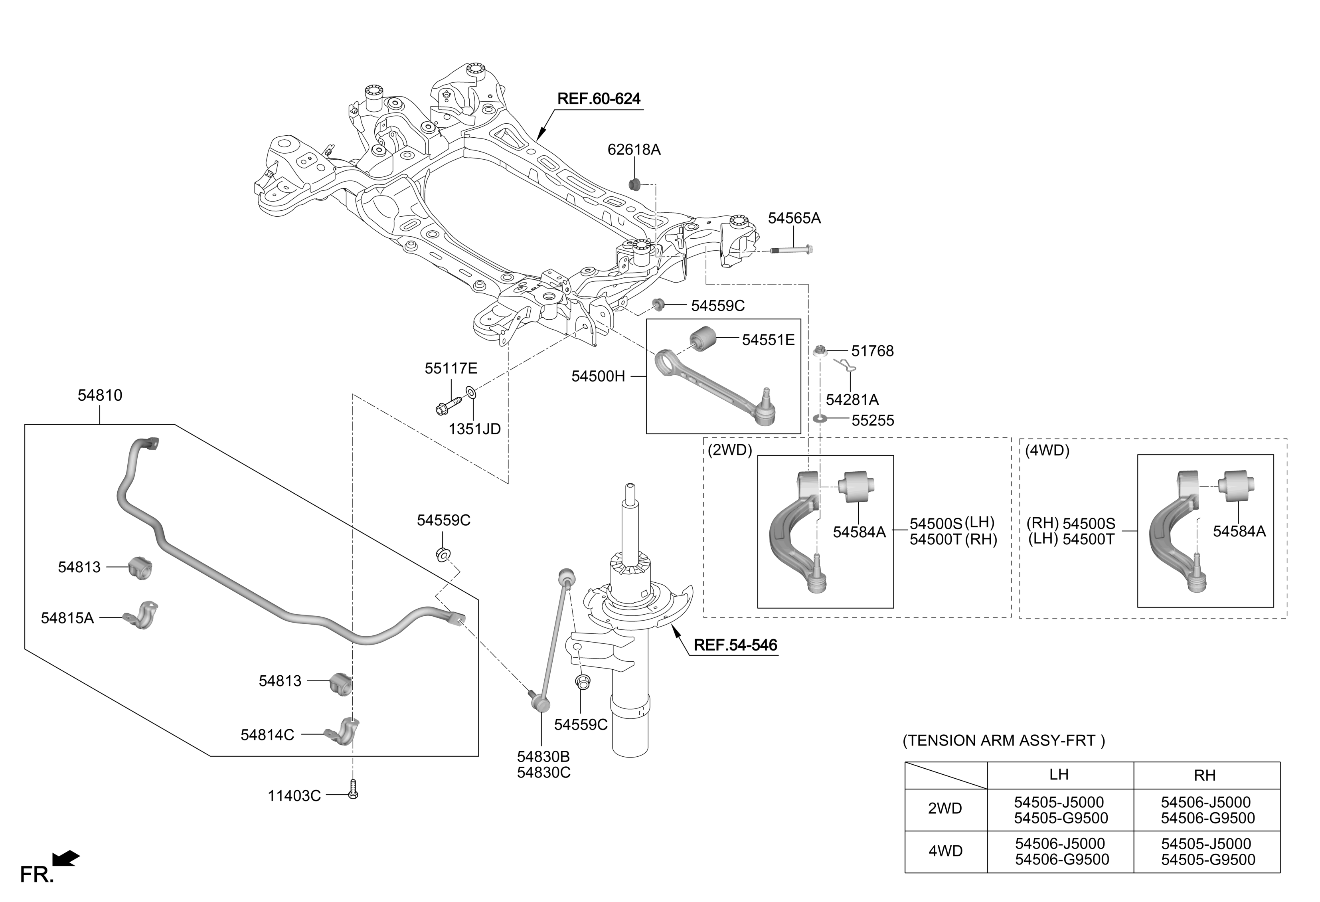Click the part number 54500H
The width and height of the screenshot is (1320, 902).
pos(598,376)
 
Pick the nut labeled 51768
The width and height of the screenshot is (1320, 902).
pos(819,350)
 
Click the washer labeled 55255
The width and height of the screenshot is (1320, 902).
pos(820,419)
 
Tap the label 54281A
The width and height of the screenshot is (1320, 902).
pos(852,400)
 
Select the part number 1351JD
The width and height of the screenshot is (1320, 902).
pos(475,429)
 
